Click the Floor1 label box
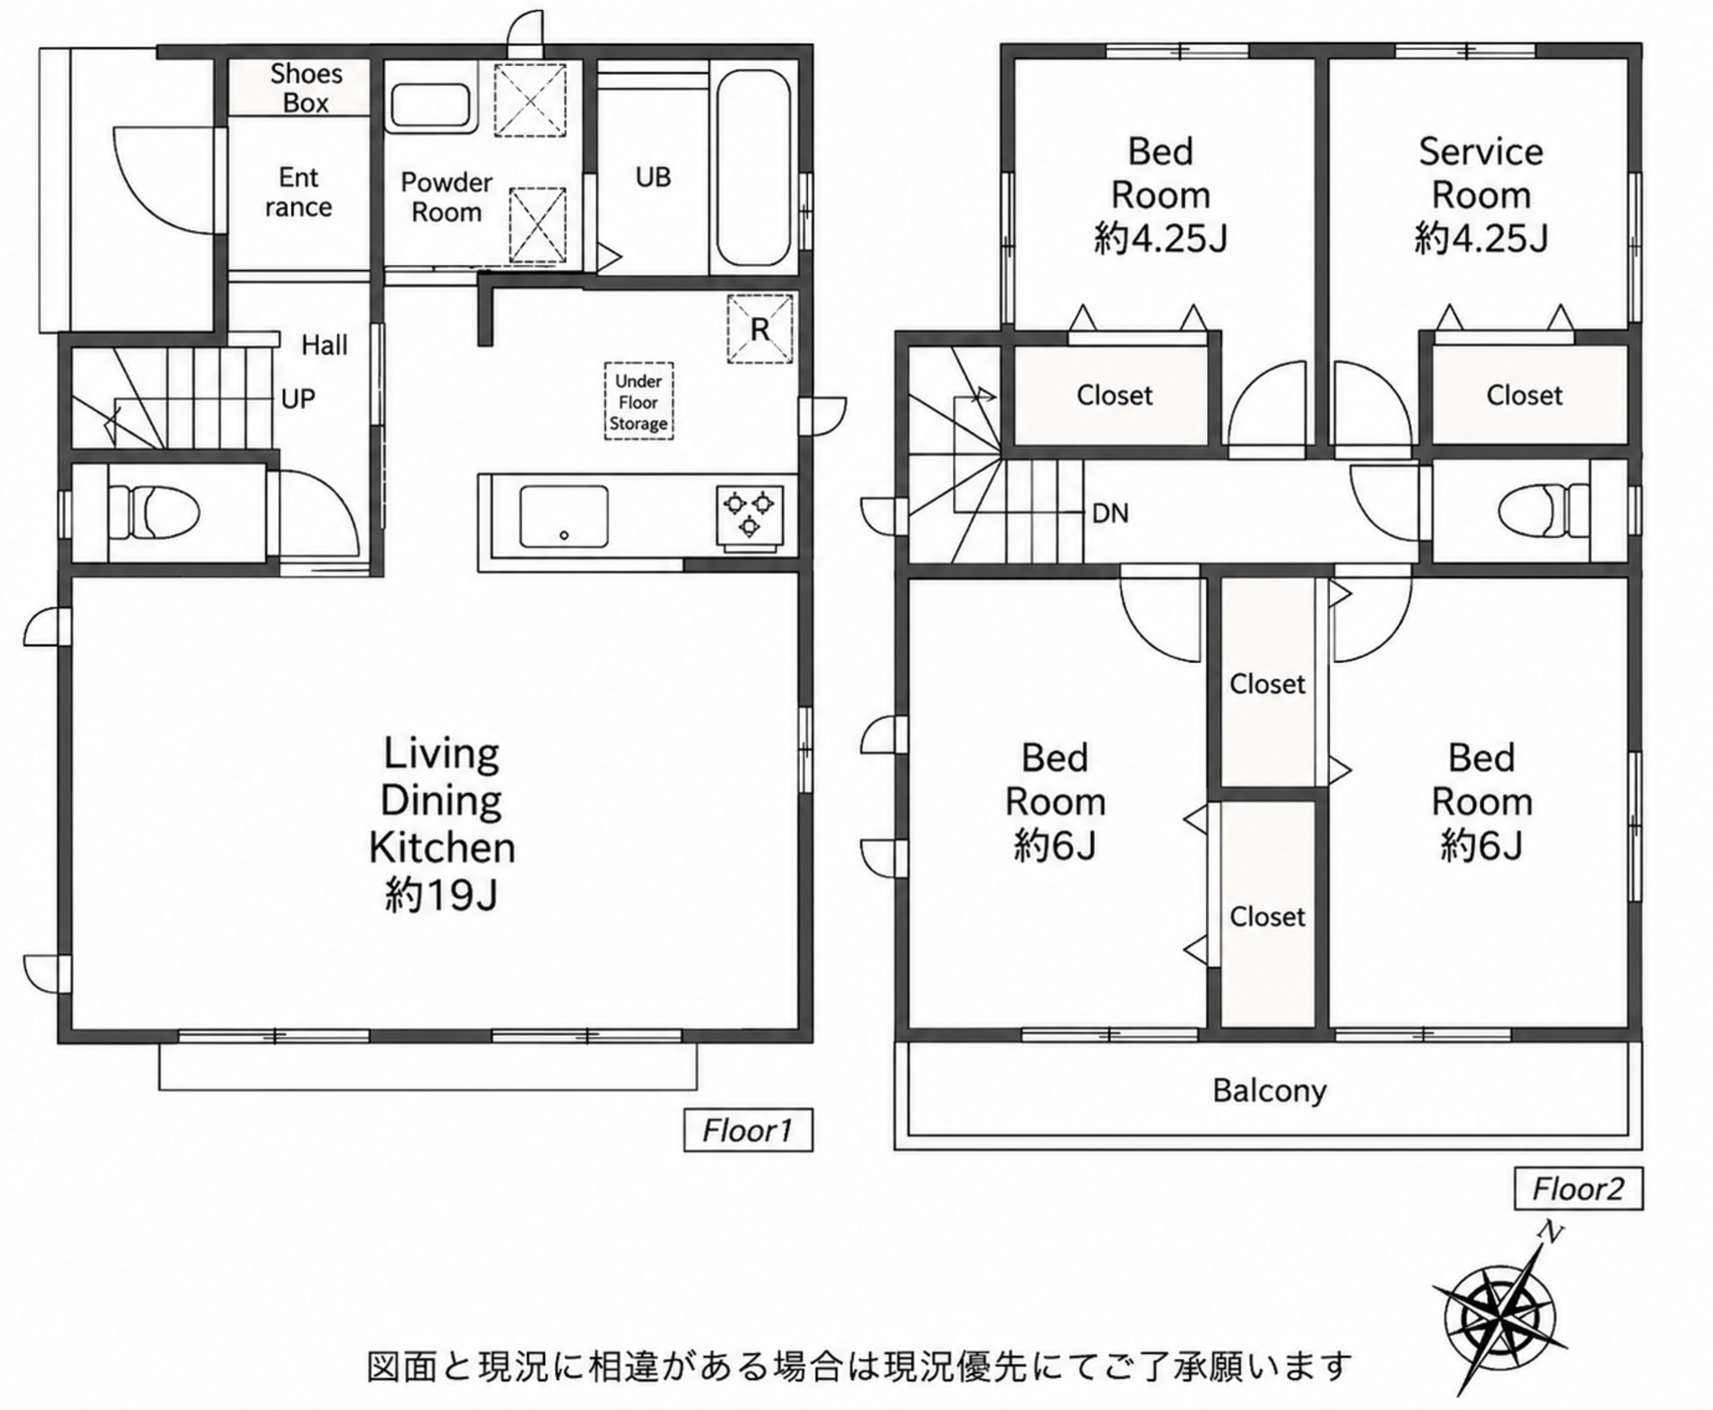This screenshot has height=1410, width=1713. pos(748,1131)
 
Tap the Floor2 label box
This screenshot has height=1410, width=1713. pos(1578,1188)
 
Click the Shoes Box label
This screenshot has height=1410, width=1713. pos(306,88)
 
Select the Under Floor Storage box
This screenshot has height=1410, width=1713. pos(639,401)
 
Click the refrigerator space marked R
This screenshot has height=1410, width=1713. pos(759,329)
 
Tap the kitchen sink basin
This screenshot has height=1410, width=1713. pos(564,517)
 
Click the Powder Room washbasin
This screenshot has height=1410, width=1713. pos(432,106)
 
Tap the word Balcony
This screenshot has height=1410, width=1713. pos(1270,1091)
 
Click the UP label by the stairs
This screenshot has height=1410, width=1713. pos(298,399)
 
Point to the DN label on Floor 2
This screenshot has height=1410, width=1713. pos(1111,513)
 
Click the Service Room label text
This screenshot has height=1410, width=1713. pos(1481,173)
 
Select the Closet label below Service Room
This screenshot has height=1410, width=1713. pos(1524,395)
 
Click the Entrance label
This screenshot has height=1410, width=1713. pos(299,192)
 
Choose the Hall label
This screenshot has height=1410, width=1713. pos(325,345)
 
